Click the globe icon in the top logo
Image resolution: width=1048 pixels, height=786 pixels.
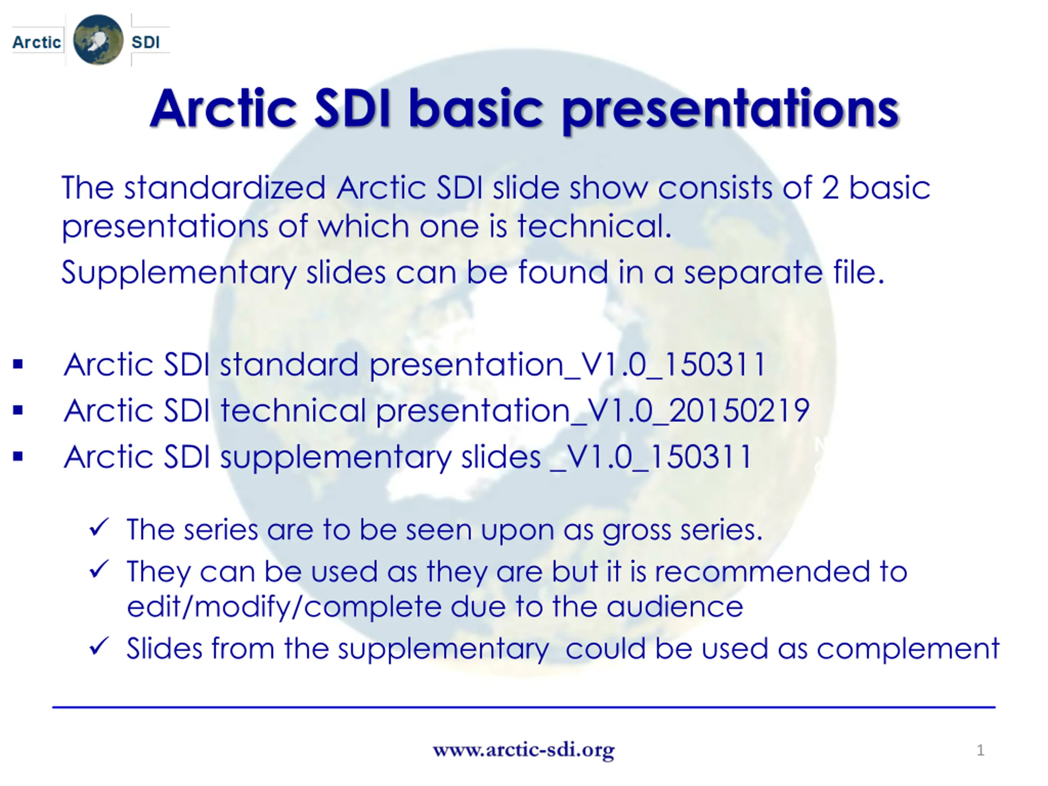(98, 40)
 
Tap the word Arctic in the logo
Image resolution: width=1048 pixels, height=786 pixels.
(36, 42)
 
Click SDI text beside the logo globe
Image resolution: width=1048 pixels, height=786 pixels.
(145, 42)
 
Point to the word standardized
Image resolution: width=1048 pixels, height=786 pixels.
(225, 187)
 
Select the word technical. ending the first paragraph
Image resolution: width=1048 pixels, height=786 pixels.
(594, 226)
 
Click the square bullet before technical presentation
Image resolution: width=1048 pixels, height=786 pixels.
(18, 410)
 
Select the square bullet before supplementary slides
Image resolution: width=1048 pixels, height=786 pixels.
(18, 456)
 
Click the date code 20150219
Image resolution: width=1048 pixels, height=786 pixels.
(739, 410)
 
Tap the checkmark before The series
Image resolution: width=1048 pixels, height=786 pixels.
(99, 527)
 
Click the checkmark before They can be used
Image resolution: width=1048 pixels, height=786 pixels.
(99, 569)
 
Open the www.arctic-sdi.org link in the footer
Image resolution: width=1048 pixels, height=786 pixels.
(524, 750)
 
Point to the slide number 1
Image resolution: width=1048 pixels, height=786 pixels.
(980, 750)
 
